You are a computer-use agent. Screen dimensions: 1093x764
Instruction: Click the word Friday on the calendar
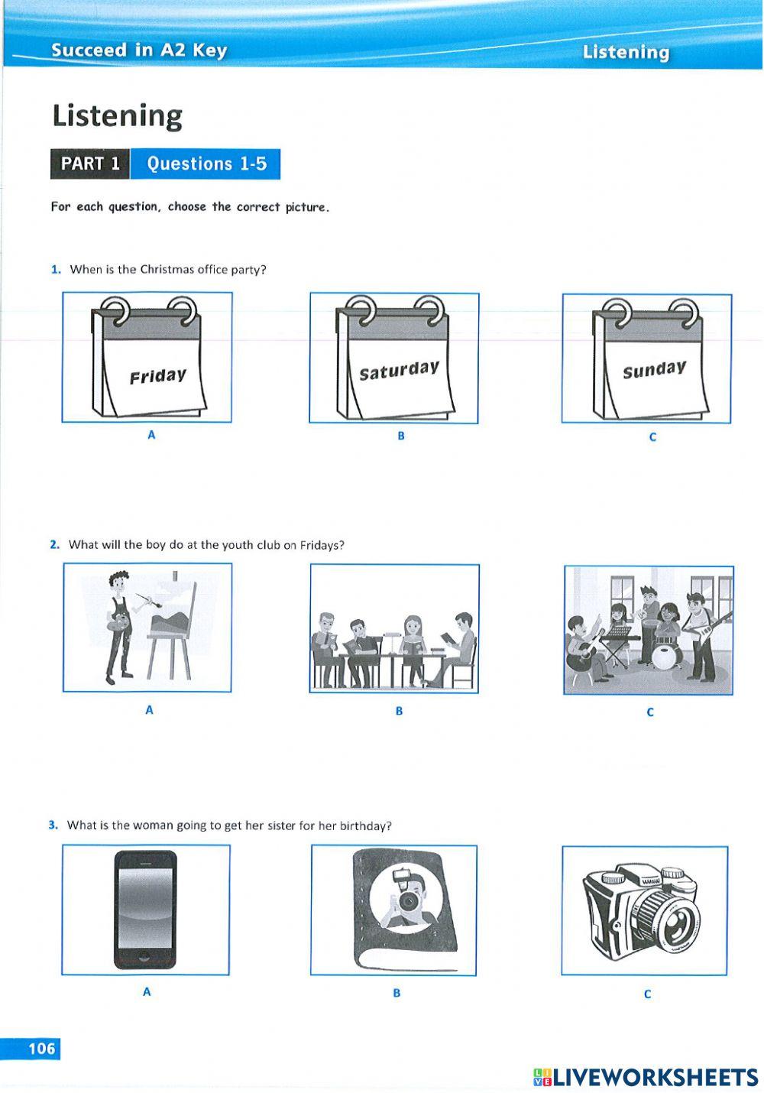157,376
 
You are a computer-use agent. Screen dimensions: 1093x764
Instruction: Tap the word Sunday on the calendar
654,370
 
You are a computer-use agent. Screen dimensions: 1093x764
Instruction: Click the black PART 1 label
90,164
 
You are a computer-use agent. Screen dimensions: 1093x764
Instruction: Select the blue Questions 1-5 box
206,164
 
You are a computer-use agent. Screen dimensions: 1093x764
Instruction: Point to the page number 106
42,1048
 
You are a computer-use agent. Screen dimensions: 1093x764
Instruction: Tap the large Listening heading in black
117,116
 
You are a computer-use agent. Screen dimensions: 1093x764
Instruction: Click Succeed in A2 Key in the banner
139,50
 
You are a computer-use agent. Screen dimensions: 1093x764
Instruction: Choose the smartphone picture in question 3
145,910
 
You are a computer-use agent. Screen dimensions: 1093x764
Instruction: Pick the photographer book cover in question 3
405,910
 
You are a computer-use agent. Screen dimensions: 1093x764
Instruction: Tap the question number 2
54,545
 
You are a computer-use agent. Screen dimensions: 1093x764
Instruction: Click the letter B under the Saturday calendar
400,436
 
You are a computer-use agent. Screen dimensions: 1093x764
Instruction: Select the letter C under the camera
647,994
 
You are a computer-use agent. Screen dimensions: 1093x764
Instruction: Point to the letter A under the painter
149,710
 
